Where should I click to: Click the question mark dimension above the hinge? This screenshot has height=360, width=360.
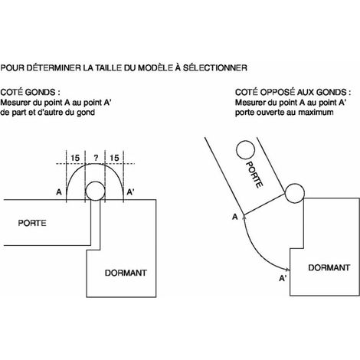(x=96, y=158)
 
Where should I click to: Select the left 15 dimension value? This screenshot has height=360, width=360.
(x=75, y=158)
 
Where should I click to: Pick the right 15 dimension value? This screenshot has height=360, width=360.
(x=114, y=158)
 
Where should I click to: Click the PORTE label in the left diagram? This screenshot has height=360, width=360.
(x=32, y=223)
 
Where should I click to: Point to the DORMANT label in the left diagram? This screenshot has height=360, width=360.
(x=126, y=273)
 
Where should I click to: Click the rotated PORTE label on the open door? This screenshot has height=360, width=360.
(x=254, y=175)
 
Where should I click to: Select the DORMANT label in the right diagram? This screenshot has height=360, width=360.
(x=329, y=267)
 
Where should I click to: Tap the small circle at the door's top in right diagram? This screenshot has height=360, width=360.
(x=245, y=150)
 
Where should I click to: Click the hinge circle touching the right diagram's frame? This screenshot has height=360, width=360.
(x=294, y=193)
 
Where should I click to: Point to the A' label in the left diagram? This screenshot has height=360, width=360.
(x=130, y=192)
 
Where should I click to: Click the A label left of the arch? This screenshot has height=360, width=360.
(x=59, y=192)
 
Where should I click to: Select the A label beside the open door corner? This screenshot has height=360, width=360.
(x=235, y=217)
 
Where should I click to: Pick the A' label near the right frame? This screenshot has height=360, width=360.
(x=283, y=278)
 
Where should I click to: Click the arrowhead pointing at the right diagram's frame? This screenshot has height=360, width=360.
(x=288, y=270)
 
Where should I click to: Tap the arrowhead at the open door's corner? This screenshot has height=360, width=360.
(x=244, y=218)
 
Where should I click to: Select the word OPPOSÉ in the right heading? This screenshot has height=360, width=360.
(x=277, y=92)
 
